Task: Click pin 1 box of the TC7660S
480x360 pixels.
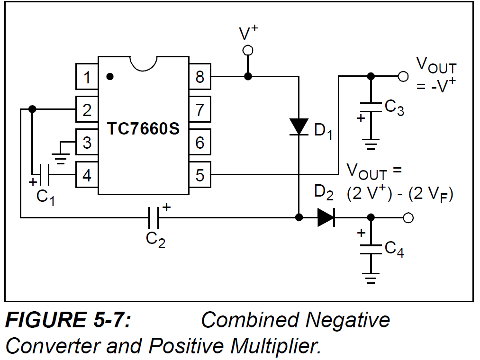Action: tap(87, 77)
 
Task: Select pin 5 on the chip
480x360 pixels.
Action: tap(200, 175)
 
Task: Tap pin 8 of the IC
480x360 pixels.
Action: tap(200, 77)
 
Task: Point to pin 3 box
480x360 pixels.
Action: tap(87, 142)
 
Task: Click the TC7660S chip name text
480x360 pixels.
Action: tap(143, 128)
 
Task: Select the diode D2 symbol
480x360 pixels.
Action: tap(326, 217)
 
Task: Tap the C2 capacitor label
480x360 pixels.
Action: tap(155, 239)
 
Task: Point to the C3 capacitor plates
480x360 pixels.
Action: tap(371, 108)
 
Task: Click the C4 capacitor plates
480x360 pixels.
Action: tap(371, 249)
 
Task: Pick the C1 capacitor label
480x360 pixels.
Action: tap(45, 197)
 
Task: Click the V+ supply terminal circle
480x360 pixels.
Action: tap(248, 50)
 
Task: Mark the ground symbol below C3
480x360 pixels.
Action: tap(371, 144)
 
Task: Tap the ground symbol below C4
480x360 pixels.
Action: tap(371, 278)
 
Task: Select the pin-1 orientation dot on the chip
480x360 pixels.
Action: tap(110, 77)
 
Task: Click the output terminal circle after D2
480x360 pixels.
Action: tap(408, 217)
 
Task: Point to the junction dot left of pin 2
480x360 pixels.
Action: tap(32, 109)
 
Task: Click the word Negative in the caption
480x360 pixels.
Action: tap(348, 320)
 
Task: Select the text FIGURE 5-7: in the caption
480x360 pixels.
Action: tap(68, 320)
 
